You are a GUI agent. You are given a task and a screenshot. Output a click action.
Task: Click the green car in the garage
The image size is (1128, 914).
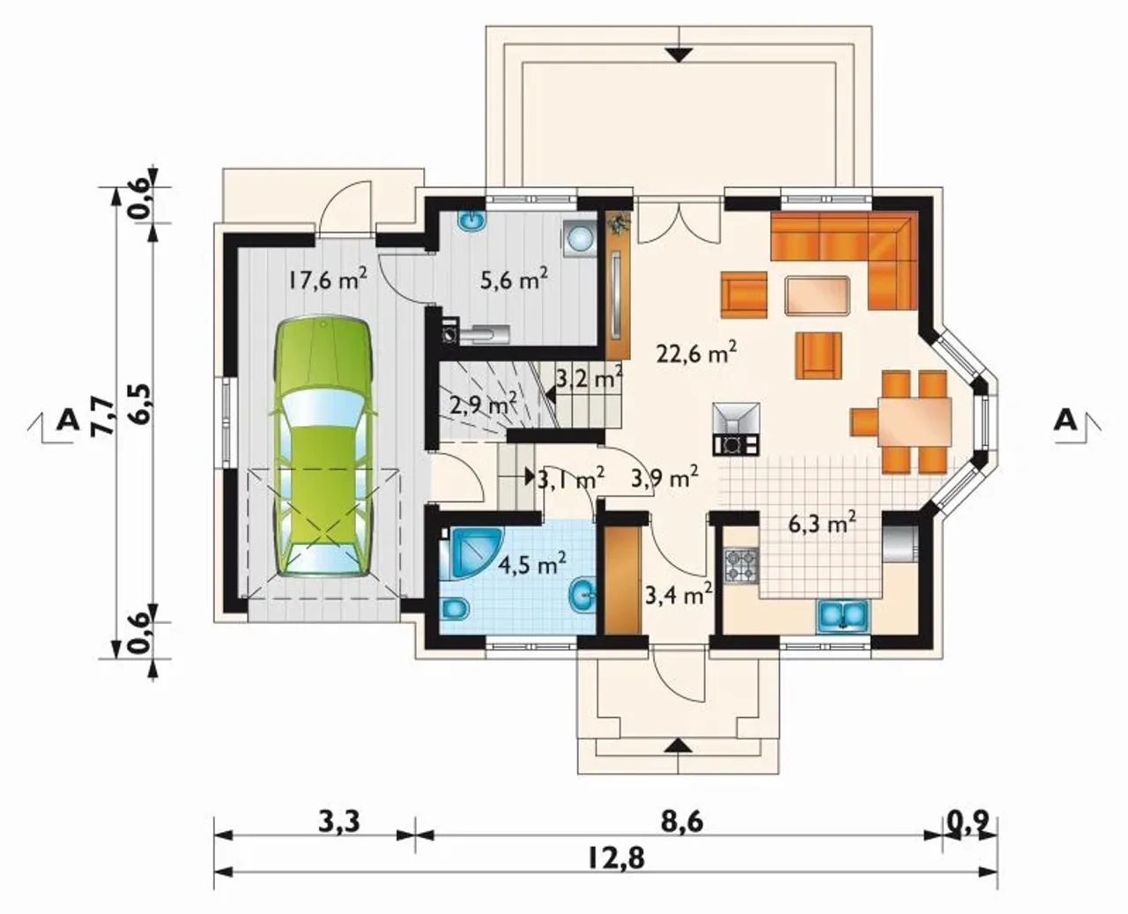[x=323, y=448]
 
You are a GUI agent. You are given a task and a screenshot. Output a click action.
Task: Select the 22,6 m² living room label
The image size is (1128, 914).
[x=696, y=353]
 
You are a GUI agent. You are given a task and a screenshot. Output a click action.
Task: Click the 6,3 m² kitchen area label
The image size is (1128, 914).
[x=822, y=524]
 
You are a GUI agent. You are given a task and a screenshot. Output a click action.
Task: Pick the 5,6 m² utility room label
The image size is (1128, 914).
[x=514, y=279]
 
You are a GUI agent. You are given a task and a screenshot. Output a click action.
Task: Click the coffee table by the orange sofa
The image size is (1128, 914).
[x=818, y=295]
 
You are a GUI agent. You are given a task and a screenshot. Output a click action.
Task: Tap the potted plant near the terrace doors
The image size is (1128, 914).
[x=620, y=223]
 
